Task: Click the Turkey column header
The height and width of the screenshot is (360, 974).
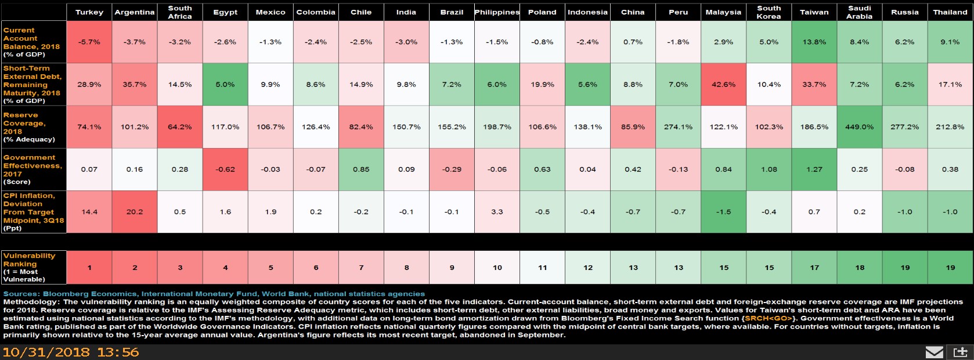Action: point(89,12)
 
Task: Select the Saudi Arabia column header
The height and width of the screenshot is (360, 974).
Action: point(859,12)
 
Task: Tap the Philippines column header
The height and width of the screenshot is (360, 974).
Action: point(497,12)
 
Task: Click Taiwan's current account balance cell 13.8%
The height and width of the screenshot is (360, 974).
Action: point(814,42)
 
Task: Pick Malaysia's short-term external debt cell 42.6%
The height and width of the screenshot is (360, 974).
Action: point(723,84)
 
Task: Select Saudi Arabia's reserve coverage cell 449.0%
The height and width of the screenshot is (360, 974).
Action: point(859,127)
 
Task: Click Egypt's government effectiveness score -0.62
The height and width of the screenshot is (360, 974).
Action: point(225,170)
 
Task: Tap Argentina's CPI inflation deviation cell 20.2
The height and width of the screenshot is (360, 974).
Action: point(135,212)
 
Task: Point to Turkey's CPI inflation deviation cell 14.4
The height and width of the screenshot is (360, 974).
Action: point(89,212)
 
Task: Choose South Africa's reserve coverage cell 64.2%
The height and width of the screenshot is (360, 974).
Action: point(180,127)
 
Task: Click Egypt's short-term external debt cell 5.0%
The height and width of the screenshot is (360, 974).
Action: point(225,84)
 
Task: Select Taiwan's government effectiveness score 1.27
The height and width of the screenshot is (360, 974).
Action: point(814,170)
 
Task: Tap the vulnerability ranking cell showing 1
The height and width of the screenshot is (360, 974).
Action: point(89,268)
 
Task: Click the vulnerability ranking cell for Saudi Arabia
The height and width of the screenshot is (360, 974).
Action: point(859,268)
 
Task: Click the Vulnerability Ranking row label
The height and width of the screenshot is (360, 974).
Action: point(29,267)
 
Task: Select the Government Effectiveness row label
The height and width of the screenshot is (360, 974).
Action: point(32,170)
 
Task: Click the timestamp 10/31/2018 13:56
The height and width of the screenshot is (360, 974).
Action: point(71,352)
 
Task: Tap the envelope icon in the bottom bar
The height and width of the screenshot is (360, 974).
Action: point(934,352)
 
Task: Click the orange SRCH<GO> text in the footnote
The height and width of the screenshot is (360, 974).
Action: point(767,318)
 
